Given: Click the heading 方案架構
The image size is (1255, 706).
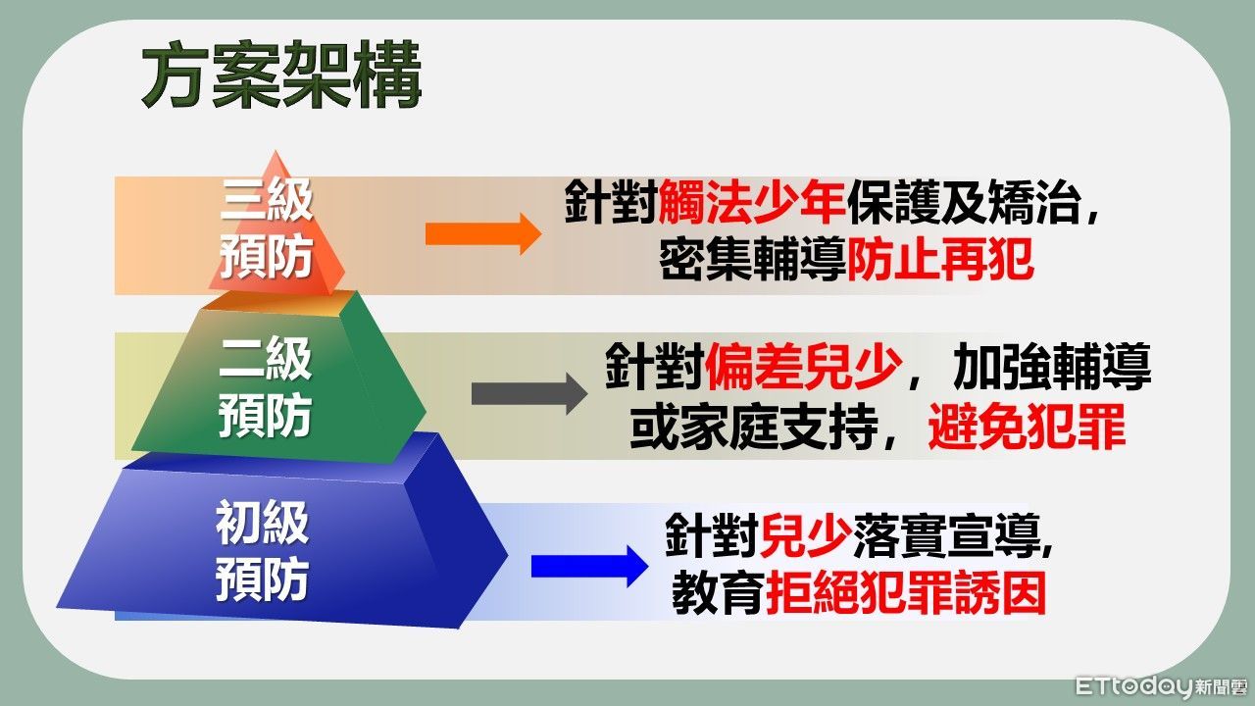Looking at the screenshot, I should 280,76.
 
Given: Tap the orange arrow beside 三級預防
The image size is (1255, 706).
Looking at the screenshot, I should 482,234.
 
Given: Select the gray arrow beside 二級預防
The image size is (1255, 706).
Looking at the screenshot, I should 528,393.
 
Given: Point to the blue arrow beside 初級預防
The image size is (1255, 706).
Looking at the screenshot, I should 588,566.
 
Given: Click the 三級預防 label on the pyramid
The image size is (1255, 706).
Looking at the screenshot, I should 266,229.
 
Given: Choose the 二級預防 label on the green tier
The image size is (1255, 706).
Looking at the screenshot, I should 265,388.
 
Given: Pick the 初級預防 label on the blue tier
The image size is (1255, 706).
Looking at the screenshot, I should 262,550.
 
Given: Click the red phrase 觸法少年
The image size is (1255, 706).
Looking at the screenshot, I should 752,204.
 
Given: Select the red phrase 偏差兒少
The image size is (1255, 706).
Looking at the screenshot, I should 802,367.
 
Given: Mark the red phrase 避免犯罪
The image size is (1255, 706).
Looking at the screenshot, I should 1026,428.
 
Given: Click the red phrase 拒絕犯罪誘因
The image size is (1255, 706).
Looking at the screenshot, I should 905,593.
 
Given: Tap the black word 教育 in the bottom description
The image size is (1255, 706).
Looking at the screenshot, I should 718,593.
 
